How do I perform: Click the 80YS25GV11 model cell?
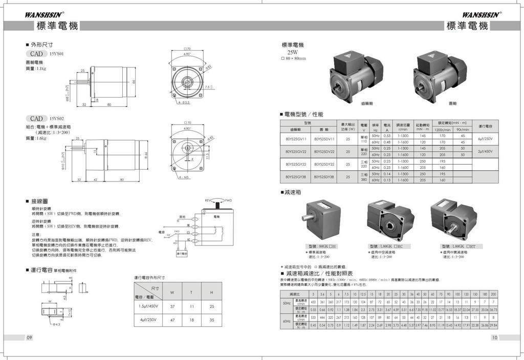(296, 138)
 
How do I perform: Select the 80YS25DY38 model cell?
(324, 177)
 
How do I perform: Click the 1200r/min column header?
(442, 129)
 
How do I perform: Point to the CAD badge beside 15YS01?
(36, 53)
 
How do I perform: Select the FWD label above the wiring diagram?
(229, 200)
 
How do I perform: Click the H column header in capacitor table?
(211, 292)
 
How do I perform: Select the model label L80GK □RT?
(457, 247)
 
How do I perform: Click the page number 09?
(30, 337)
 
